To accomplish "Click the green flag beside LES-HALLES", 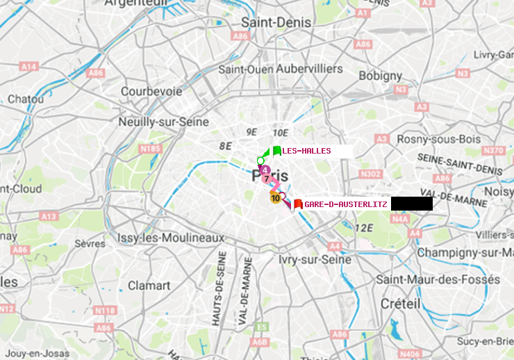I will pyautogui.click(x=276, y=151).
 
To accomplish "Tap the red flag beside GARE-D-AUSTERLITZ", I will pyautogui.click(x=297, y=204).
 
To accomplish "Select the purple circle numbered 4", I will pyautogui.click(x=265, y=170).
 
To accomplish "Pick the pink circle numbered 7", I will pyautogui.click(x=267, y=179).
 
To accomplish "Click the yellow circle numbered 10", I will pyautogui.click(x=275, y=198).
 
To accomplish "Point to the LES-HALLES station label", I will pyautogui.click(x=306, y=151).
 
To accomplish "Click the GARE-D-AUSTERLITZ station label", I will pyautogui.click(x=345, y=204).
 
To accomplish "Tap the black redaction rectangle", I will pyautogui.click(x=411, y=204).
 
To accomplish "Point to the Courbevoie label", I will pyautogui.click(x=151, y=91).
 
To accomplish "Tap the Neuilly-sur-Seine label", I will pyautogui.click(x=165, y=122).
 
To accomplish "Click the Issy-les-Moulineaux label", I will pyautogui.click(x=170, y=238).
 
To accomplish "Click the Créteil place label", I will pyautogui.click(x=400, y=304).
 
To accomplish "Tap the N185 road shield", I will pyautogui.click(x=150, y=148).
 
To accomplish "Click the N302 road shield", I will pyautogui.click(x=372, y=174).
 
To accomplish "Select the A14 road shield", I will pyautogui.click(x=28, y=67).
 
